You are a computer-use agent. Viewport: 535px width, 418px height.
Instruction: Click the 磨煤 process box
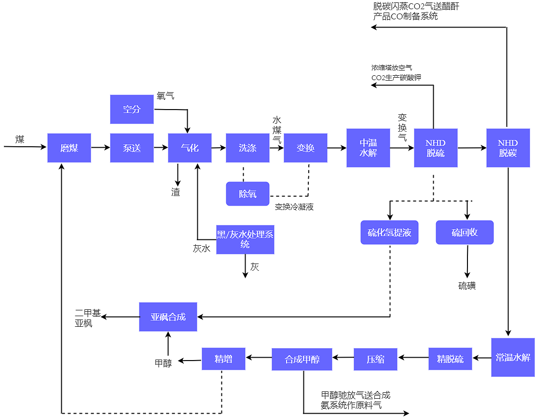69,148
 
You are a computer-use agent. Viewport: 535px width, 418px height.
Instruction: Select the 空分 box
132,109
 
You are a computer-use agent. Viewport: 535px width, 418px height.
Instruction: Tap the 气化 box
190,148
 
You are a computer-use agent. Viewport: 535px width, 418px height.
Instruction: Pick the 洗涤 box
247,148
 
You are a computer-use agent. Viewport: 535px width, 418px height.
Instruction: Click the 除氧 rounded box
247,194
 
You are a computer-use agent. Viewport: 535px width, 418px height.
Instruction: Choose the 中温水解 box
368,148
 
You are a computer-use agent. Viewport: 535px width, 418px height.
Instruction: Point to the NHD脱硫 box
436,148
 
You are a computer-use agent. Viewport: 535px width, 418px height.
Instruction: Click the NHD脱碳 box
508,148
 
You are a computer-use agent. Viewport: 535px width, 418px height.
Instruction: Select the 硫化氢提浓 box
389,233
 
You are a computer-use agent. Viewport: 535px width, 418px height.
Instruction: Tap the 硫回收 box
465,233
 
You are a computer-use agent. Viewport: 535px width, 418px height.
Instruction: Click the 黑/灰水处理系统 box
245,239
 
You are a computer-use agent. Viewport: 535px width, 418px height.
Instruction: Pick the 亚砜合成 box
168,317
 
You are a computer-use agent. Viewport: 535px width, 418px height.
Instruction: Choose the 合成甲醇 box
302,359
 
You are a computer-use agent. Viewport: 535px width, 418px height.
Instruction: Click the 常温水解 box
513,357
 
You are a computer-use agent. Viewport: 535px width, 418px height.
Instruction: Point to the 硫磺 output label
467,286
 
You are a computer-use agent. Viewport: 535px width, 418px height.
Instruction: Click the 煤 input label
20,140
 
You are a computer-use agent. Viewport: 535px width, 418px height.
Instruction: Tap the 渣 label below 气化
176,192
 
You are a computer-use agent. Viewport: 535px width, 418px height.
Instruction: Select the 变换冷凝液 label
294,207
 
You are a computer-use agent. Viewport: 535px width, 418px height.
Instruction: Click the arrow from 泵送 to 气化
161,148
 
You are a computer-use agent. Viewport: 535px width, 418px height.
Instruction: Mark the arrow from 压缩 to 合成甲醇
343,358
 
